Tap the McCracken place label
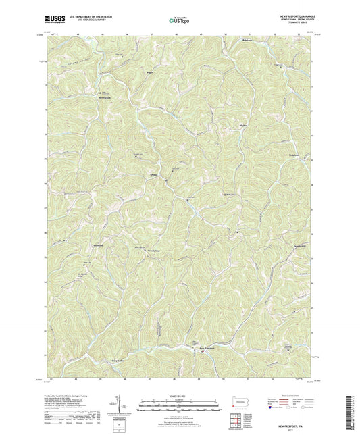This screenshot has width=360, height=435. [100, 97]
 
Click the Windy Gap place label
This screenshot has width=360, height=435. [154, 250]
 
